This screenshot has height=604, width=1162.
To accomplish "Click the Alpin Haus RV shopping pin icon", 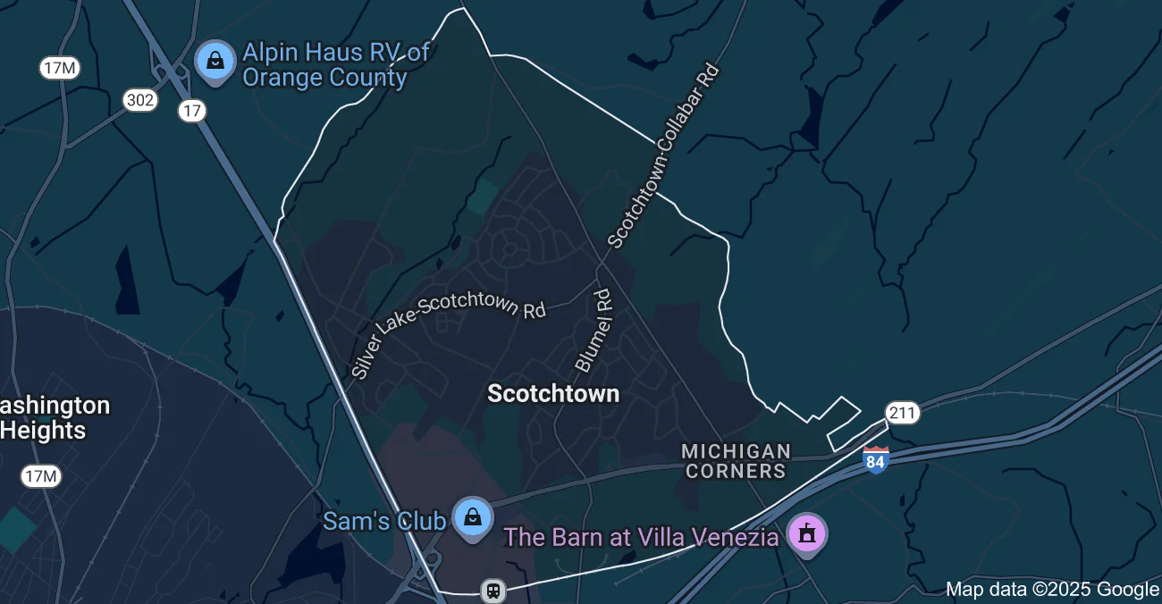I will click(215, 61).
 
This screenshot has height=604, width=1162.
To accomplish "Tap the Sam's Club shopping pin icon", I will click(472, 517).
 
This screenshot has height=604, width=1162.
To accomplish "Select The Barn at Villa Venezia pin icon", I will click(807, 534).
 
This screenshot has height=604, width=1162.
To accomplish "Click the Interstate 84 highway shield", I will click(876, 460).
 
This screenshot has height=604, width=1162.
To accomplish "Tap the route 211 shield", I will click(902, 412).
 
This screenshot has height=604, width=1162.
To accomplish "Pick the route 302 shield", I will click(140, 100).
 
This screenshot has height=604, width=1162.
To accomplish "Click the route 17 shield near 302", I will click(191, 111).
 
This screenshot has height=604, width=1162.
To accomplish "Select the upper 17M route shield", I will click(60, 67).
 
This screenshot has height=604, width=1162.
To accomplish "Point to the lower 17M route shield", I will click(41, 476).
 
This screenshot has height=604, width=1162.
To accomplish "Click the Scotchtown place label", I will click(553, 394).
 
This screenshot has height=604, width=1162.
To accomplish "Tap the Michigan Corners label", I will click(735, 461).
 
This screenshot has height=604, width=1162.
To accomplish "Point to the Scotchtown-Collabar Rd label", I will click(663, 155).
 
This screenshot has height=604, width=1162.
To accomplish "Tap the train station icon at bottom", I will click(492, 591).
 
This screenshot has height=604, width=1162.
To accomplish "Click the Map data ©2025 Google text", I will click(1051, 590).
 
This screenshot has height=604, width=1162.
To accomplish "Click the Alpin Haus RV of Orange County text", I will click(335, 64).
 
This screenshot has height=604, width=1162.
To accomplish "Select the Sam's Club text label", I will click(383, 520).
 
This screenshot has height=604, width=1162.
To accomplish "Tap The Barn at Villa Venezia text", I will click(641, 537).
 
